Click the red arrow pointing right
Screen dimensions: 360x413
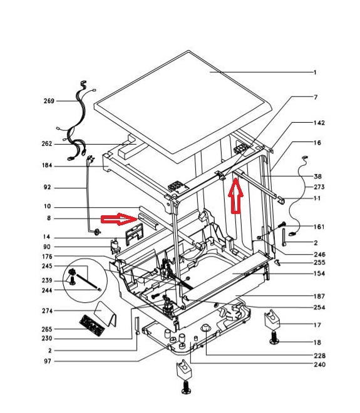[x=118, y=219]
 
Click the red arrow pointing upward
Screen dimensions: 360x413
[x=235, y=195]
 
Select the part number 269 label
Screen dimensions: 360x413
[x=49, y=101]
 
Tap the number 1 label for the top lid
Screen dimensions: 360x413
[x=315, y=72]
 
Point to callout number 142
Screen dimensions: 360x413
[x=319, y=123]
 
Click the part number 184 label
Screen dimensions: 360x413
[x=47, y=166]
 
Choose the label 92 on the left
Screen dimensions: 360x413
[x=47, y=188]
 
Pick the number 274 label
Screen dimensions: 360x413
[x=47, y=311]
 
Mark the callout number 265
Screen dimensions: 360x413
[x=47, y=329]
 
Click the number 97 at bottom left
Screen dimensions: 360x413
[x=48, y=361]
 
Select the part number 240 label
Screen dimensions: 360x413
[x=319, y=365]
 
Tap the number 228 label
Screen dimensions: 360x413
[x=319, y=356]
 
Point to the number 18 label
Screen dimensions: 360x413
[x=317, y=342]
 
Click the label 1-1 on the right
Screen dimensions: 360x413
[x=317, y=198]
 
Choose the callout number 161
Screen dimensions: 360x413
[x=319, y=227]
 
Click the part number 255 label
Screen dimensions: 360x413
[x=319, y=263]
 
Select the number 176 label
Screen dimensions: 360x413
[x=47, y=257]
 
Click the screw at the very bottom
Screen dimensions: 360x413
[x=186, y=387]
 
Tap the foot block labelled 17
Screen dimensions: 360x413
[x=272, y=320]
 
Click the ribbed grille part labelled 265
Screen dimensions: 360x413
[x=92, y=325]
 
